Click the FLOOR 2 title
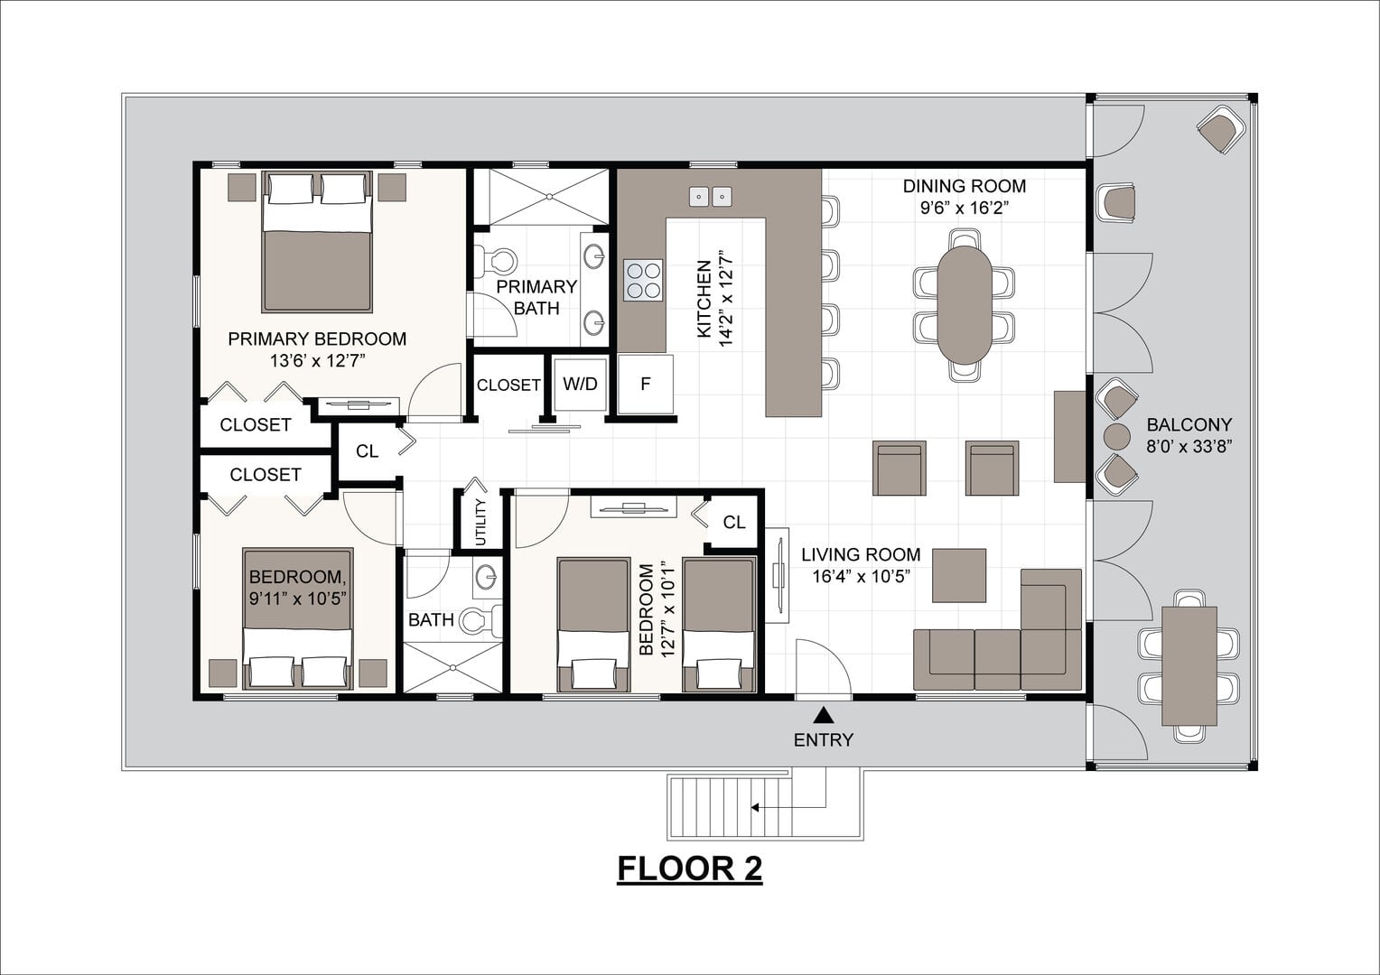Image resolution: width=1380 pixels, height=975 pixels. tap(689, 868)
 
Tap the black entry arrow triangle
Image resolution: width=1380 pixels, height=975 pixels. tap(824, 715)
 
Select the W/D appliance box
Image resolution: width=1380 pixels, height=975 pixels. tap(580, 384)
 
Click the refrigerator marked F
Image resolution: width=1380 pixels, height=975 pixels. tap(645, 385)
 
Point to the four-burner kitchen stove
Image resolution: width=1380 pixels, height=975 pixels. tap(642, 280)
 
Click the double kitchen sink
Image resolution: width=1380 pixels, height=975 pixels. tap(711, 197)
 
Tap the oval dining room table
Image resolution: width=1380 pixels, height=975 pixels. tap(965, 305)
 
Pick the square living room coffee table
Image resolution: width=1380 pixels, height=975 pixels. tap(958, 575)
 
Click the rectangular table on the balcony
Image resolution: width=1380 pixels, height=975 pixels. tap(1189, 666)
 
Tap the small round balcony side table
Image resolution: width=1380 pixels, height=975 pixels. tap(1117, 437)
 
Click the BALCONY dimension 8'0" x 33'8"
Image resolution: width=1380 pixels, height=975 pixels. tap(1189, 447)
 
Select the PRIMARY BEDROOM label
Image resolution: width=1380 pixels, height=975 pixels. tap(317, 339)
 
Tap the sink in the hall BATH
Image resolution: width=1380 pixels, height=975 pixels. tap(487, 577)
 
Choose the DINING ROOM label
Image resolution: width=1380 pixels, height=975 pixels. tap(965, 186)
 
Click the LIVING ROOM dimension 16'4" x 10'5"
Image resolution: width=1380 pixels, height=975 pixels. tap(861, 577)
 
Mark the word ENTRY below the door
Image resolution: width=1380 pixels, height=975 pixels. tap(823, 739)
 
